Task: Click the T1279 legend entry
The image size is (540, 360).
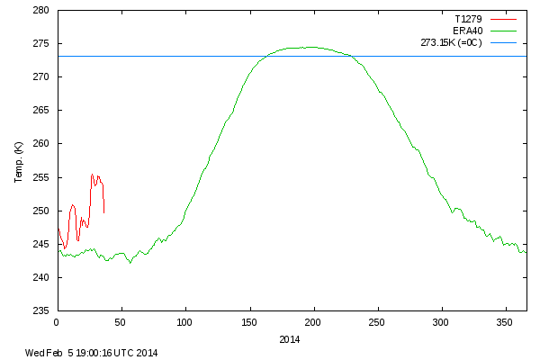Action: (466, 17)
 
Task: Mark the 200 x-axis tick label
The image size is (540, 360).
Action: (313, 321)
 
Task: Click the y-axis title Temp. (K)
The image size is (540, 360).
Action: (19, 161)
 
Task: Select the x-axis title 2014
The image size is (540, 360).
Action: (290, 339)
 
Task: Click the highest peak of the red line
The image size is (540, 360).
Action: (92, 175)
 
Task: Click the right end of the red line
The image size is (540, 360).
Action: (104, 212)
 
